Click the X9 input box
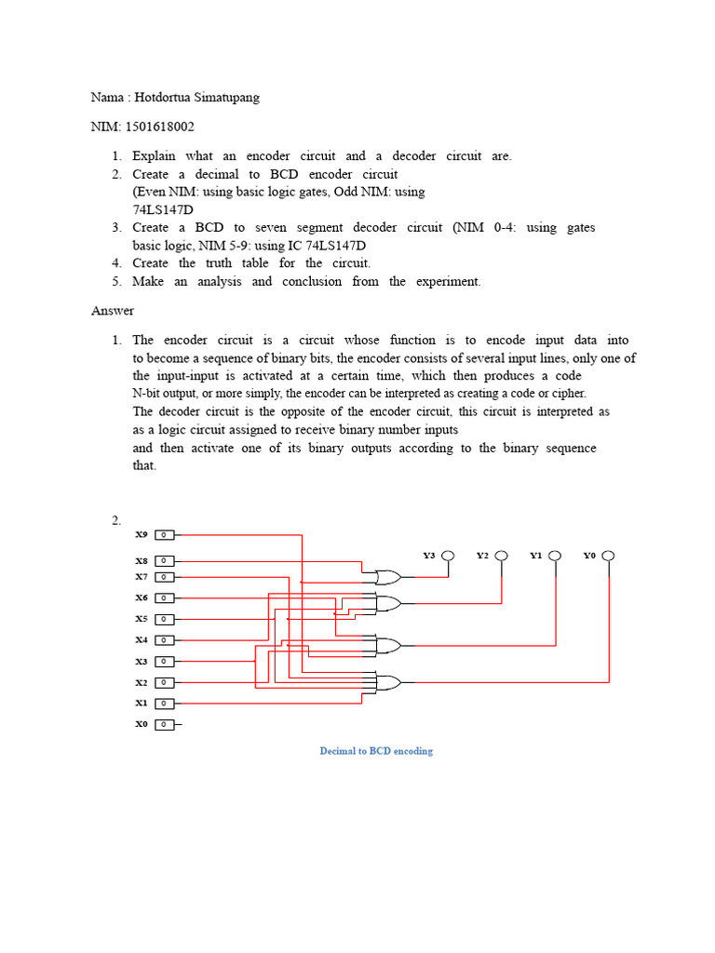[x=164, y=535]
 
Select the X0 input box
[x=164, y=724]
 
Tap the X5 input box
[x=164, y=619]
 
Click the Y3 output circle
[x=448, y=556]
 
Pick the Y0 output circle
[x=608, y=556]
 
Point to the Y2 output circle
[x=502, y=556]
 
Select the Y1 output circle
[x=555, y=556]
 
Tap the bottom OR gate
[x=386, y=682]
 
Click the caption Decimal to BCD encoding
[x=376, y=751]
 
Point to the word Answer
[x=113, y=311]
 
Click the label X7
[x=142, y=577]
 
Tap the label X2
[x=142, y=682]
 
